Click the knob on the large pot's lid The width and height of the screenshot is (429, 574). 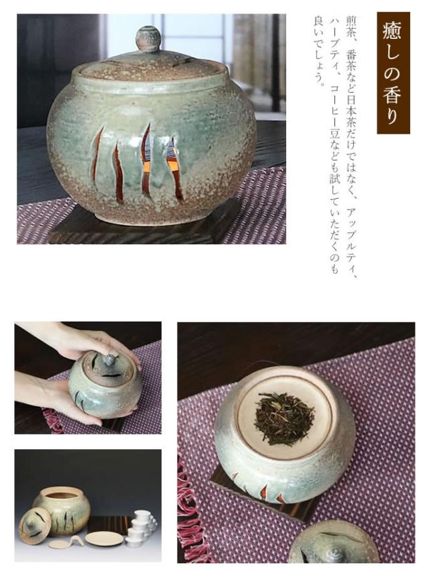(x=148, y=38)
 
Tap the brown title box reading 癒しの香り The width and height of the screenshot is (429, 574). (x=393, y=72)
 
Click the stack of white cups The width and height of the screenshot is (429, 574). (x=142, y=528)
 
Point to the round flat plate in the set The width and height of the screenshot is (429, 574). (x=103, y=538)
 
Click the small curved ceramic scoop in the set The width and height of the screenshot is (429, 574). (x=67, y=542)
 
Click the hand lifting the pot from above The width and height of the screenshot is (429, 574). (x=87, y=339)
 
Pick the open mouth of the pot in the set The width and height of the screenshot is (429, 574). (x=62, y=495)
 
